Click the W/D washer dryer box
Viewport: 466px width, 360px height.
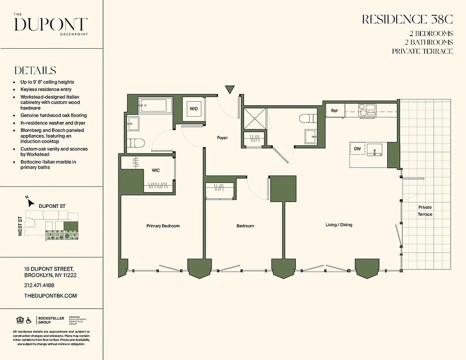(194, 109)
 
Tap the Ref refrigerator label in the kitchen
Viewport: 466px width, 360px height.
(335, 111)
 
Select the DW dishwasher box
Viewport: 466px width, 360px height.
(357, 148)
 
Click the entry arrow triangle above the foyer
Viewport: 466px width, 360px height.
(230, 90)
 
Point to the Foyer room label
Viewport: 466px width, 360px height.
(222, 138)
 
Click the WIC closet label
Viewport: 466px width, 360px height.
(156, 170)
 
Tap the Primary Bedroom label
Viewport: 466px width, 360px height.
(163, 226)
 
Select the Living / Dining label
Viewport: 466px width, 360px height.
(339, 225)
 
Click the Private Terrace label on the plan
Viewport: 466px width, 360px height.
(425, 211)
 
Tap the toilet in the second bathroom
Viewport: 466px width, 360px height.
(308, 119)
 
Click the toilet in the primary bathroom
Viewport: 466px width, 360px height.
(136, 143)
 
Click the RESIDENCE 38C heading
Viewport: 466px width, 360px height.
(407, 19)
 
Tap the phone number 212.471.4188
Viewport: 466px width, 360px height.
(39, 285)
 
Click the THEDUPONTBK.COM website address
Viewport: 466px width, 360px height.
(50, 296)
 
